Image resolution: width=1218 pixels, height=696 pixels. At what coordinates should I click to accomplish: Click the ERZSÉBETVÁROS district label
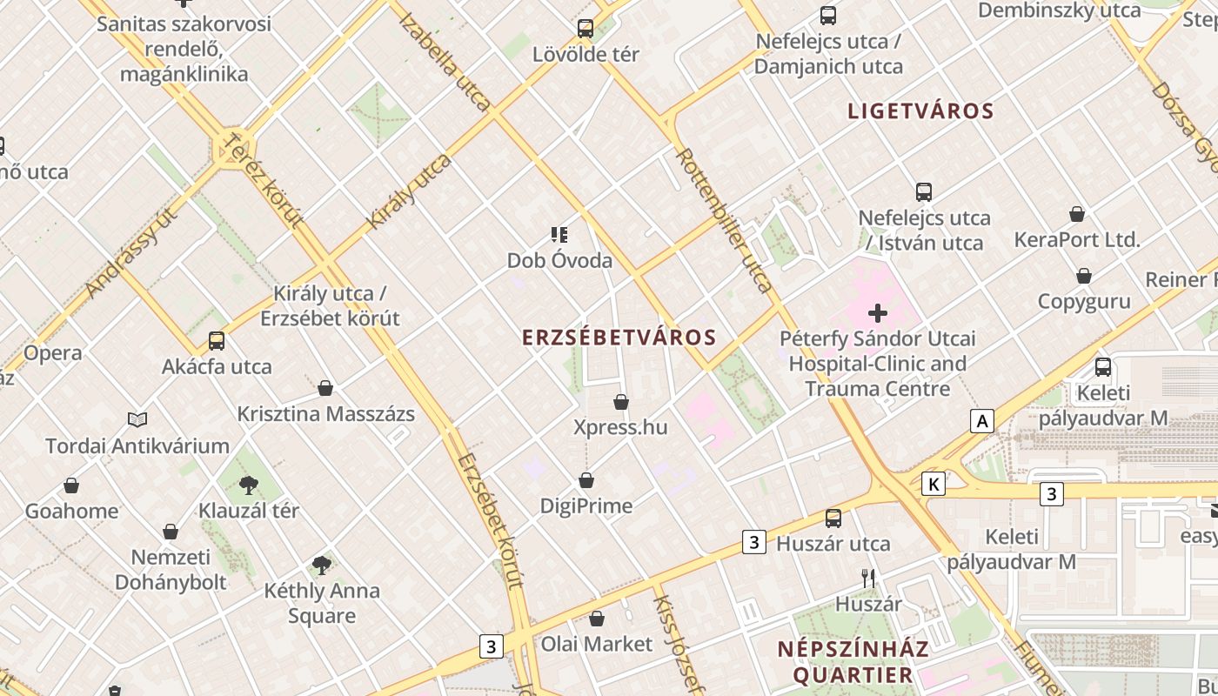click(619, 338)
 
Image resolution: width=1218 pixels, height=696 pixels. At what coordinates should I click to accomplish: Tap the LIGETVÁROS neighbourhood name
click(920, 111)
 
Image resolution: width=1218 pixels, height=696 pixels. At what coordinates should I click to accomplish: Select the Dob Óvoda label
click(559, 260)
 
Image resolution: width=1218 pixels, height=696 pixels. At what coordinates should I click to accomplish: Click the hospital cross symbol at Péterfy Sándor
click(878, 312)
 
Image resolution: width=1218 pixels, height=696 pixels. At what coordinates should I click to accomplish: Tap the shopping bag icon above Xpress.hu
click(621, 402)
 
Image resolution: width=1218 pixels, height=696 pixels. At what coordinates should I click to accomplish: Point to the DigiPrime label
click(586, 505)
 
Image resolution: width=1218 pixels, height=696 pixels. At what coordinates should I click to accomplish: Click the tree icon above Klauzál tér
click(249, 485)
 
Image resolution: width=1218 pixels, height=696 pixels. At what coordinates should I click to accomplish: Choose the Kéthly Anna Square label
click(322, 603)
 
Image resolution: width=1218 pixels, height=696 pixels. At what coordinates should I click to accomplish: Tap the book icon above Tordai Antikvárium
click(137, 420)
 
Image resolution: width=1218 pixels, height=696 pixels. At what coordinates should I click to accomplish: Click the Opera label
click(53, 352)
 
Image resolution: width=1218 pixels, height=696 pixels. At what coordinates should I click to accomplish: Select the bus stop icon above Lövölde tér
click(586, 29)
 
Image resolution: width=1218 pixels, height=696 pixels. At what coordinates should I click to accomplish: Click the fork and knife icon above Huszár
click(867, 578)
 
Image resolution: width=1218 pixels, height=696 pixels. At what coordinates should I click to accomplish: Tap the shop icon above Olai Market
click(597, 619)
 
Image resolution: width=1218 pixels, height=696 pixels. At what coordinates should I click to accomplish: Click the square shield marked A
click(982, 422)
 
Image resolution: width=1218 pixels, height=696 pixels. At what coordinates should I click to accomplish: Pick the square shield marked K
click(934, 484)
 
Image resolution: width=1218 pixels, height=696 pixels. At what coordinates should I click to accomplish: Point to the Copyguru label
click(1084, 301)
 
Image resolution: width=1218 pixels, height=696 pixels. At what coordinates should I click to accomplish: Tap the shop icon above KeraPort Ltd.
click(1077, 214)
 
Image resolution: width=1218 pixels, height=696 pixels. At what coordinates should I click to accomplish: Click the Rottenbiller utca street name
click(724, 220)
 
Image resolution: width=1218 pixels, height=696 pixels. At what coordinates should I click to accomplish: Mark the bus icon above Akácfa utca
click(217, 341)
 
